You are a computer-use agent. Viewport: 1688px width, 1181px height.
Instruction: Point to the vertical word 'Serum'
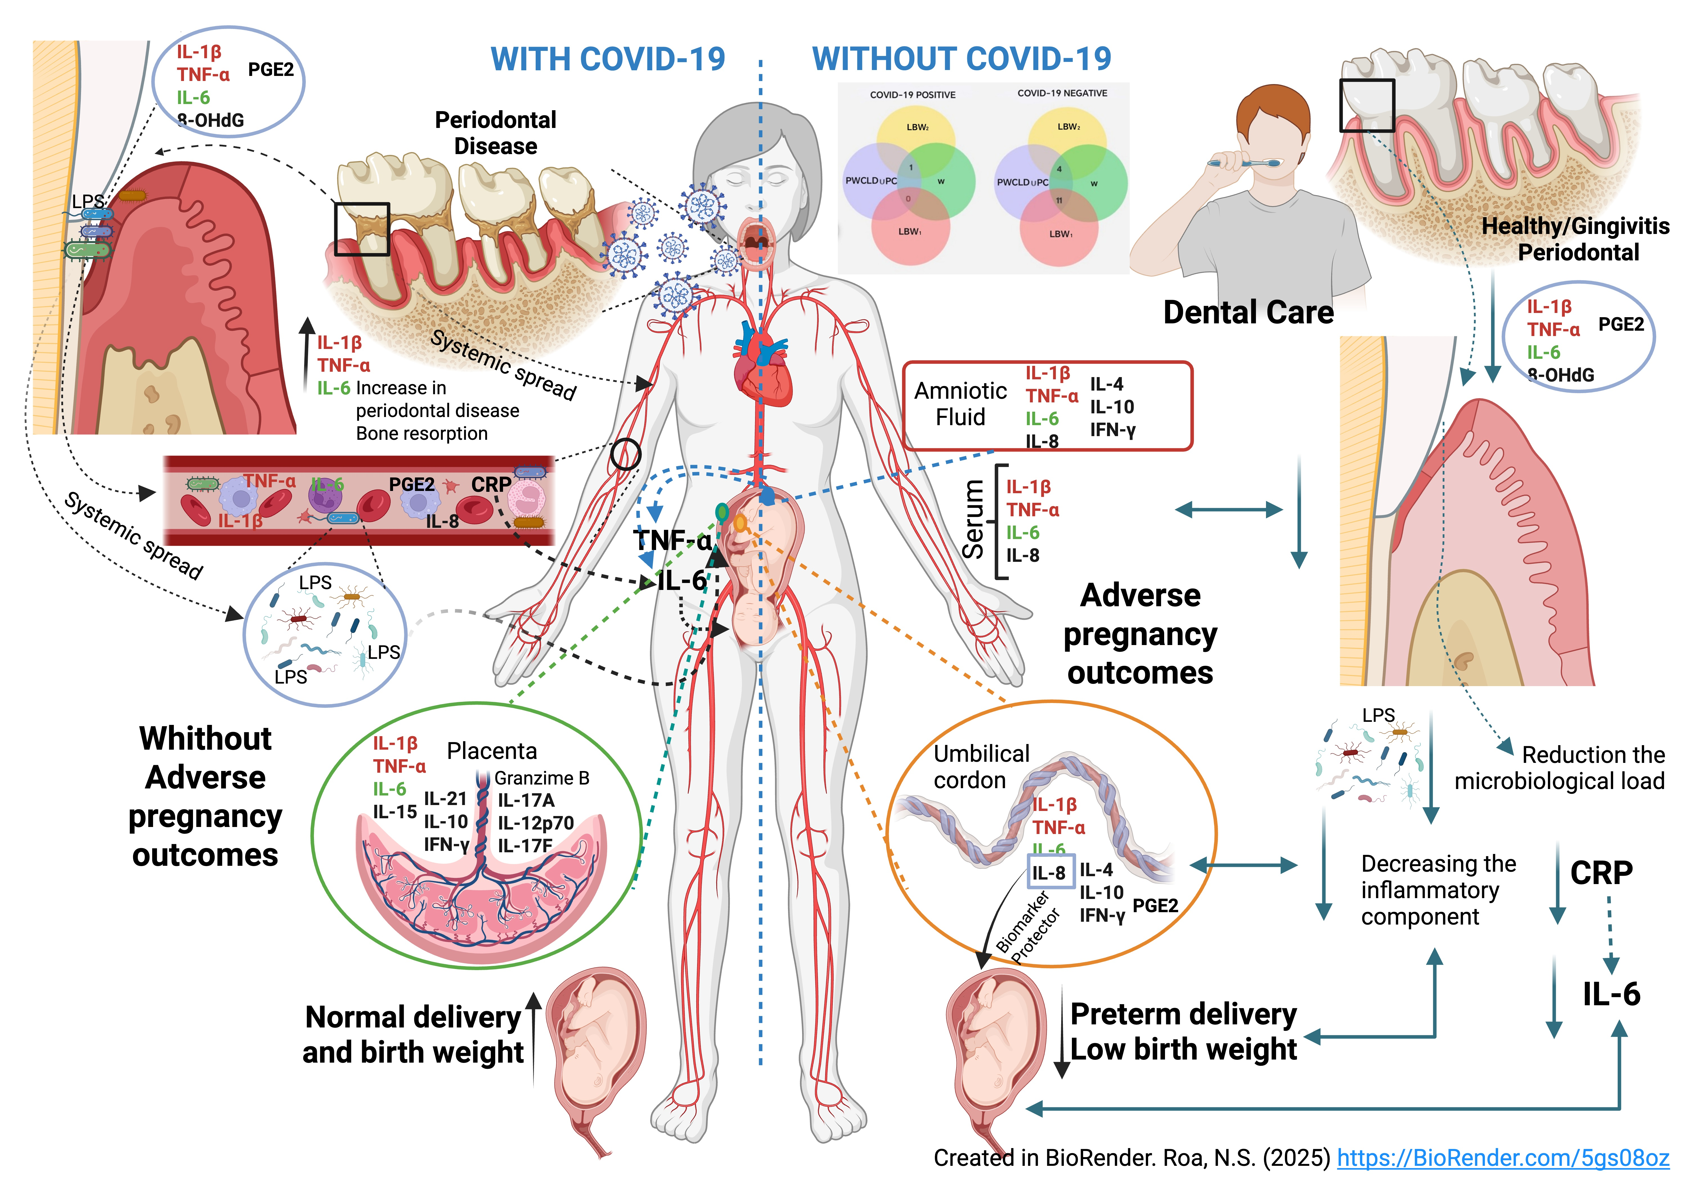pos(973,519)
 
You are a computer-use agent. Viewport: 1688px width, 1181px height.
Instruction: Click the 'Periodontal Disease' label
pos(495,133)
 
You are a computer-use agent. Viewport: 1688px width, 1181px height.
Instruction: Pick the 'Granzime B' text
pos(542,777)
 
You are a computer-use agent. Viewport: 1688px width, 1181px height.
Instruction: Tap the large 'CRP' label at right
pos(1601,873)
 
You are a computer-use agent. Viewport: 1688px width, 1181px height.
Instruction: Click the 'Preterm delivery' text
pos(1183,1014)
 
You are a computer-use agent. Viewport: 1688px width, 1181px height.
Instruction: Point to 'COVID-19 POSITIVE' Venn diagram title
pos(912,95)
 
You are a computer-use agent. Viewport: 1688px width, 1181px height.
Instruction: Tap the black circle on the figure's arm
pos(626,454)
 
